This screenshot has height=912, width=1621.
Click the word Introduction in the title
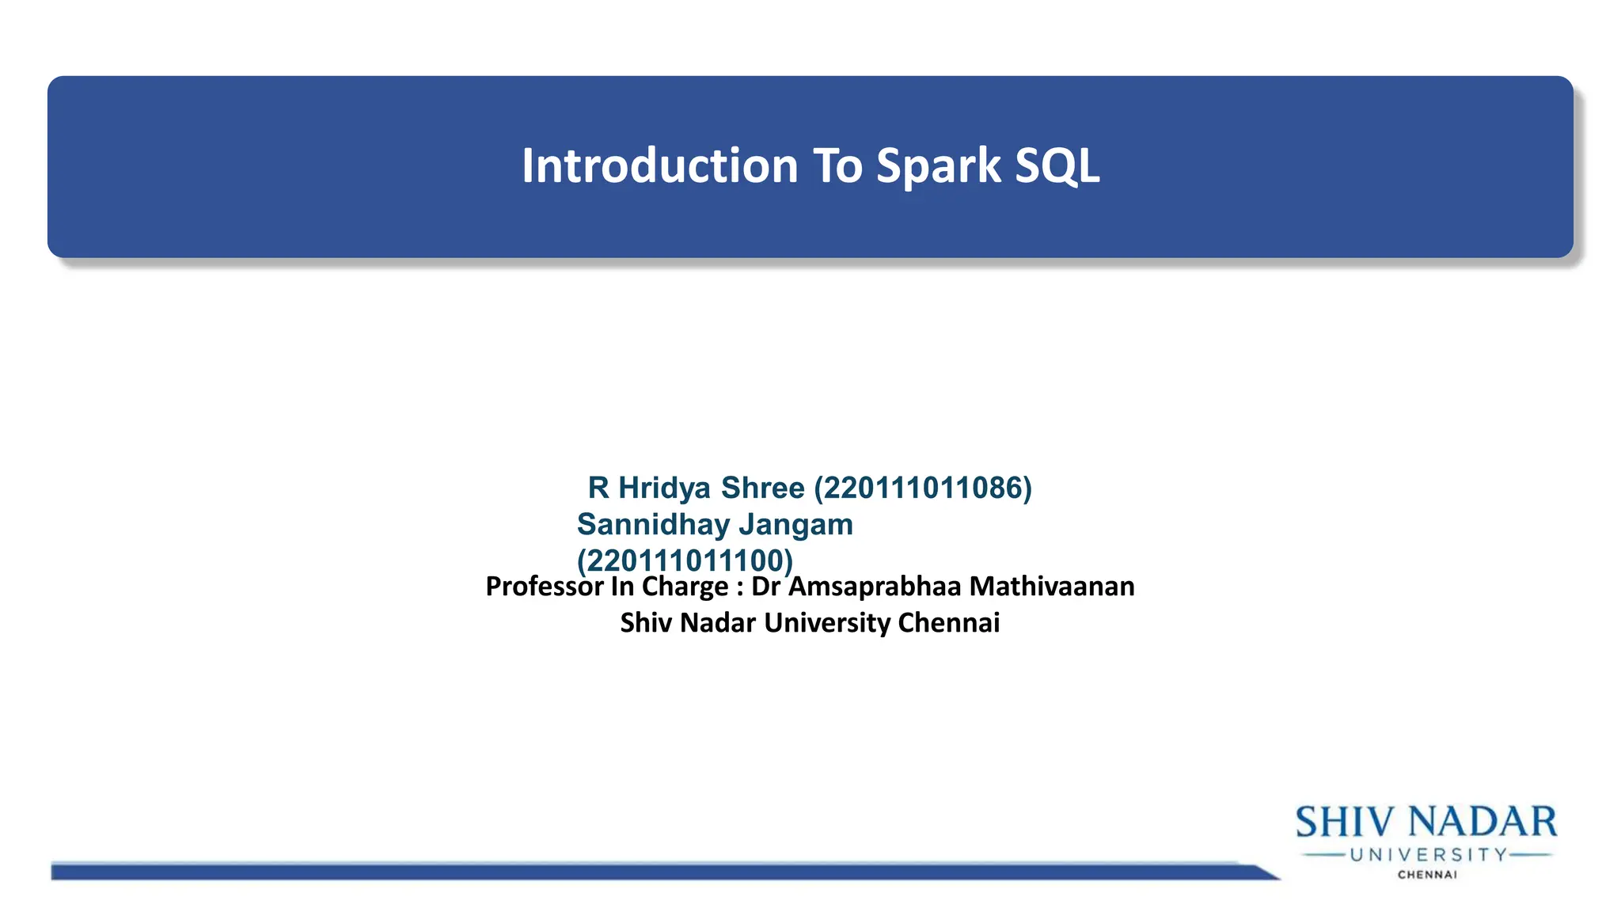tap(659, 166)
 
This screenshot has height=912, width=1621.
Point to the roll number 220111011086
tap(923, 488)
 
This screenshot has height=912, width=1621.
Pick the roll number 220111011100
tap(685, 561)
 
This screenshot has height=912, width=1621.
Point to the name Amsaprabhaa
tap(875, 587)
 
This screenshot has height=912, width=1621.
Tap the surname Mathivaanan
tap(1052, 587)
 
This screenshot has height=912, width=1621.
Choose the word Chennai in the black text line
tap(949, 623)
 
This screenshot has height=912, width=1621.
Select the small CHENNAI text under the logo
tap(1427, 875)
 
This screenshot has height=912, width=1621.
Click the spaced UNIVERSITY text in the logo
tap(1429, 855)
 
